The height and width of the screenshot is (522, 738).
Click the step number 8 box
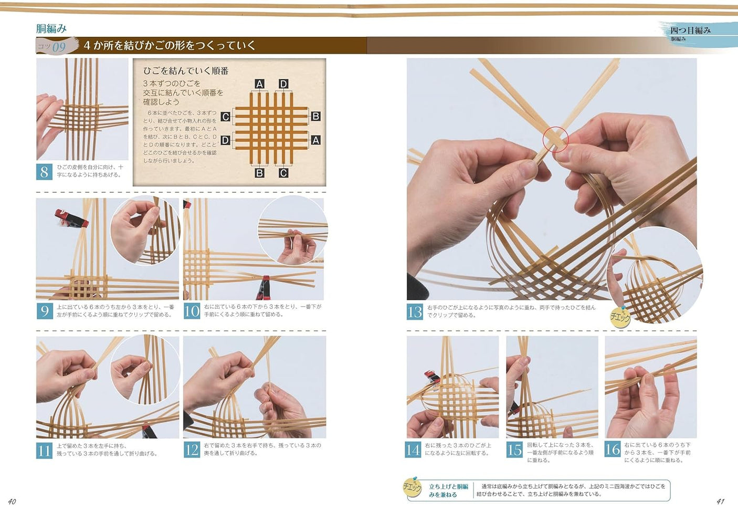44,171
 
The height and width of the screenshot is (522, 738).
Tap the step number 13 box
415,311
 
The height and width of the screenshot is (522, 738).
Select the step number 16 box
613,449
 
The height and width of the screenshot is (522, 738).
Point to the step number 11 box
44,450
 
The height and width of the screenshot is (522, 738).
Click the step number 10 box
192,311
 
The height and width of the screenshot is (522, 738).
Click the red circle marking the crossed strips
555,139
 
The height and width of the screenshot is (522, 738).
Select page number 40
12,502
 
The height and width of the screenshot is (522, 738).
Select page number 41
720,502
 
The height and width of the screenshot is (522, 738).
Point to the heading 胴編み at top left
51,28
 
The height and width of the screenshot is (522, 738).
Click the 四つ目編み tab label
690,30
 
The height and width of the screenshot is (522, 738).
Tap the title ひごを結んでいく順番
186,71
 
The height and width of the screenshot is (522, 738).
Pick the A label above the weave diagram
259,84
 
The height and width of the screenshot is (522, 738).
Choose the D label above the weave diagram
283,84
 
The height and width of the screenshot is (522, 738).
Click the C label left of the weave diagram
225,117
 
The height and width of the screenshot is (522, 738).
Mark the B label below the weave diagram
259,173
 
